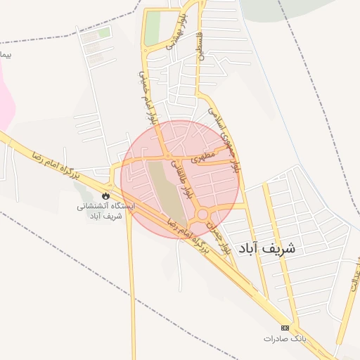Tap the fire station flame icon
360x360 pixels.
click(106, 195)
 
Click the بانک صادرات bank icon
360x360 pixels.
click(285, 328)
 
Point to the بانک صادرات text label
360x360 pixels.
click(285, 339)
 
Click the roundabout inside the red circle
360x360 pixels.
click(203, 214)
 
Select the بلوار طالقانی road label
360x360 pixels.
click(182, 179)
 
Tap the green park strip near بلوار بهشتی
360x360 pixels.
click(153, 28)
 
